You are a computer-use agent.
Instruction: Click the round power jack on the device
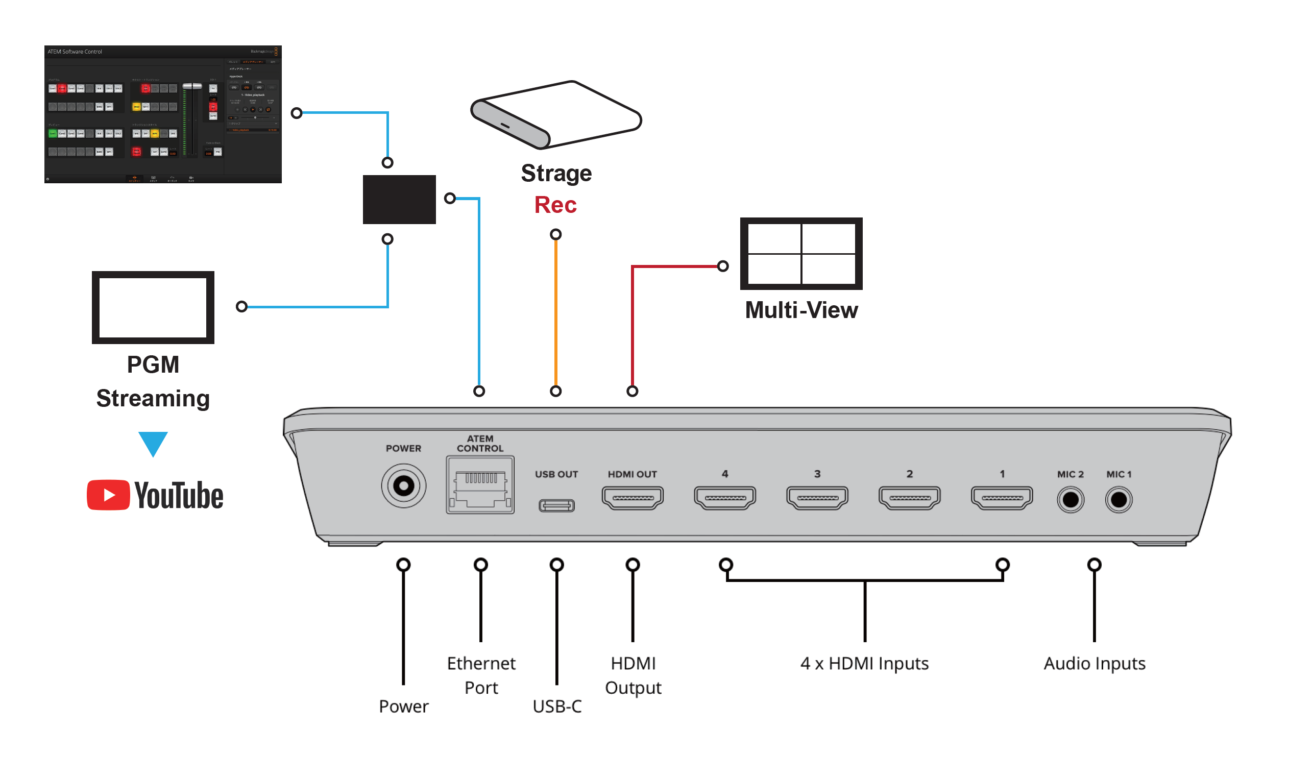(403, 485)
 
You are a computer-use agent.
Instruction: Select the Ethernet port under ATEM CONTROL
(480, 485)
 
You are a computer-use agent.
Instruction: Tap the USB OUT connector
(556, 505)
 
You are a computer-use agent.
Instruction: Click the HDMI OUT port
(633, 498)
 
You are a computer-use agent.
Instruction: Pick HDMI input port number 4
(725, 498)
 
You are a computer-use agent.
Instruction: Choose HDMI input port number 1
(1002, 498)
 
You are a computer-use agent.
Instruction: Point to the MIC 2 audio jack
(1071, 500)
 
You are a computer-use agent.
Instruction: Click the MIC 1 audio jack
(1119, 500)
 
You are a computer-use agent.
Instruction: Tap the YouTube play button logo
(108, 495)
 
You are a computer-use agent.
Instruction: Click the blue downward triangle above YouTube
(153, 442)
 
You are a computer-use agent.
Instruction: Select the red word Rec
(555, 205)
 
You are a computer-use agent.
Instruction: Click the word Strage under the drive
(556, 174)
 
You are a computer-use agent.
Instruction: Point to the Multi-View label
(801, 310)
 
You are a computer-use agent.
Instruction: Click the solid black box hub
(399, 199)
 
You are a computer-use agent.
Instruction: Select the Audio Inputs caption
(1094, 664)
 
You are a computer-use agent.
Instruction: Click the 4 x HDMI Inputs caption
(864, 664)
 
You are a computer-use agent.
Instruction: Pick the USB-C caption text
(556, 707)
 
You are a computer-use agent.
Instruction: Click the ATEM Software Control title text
(75, 52)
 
